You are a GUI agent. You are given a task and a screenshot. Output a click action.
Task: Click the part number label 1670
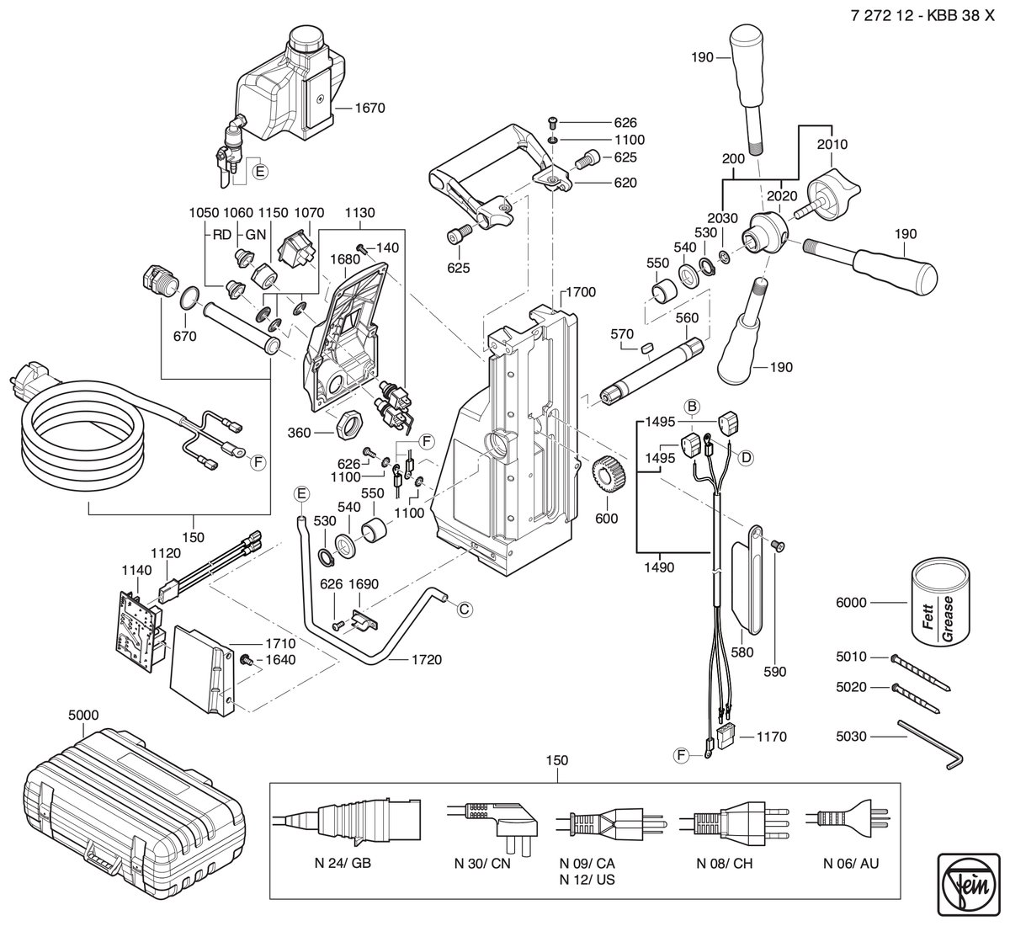tap(369, 108)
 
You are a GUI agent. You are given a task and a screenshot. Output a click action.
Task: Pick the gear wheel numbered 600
tap(609, 475)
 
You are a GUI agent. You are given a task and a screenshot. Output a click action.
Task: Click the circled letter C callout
tap(465, 609)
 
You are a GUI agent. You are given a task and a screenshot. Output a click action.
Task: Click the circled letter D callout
tap(747, 457)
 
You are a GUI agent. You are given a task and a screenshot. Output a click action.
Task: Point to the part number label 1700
tap(581, 292)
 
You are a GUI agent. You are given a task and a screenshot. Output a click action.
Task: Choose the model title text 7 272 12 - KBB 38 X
tap(923, 15)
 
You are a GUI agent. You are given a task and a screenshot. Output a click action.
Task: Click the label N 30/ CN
tap(481, 864)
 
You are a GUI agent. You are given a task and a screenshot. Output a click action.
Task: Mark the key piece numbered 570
tap(647, 349)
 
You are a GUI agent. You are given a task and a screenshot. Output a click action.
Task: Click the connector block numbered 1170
tap(725, 737)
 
